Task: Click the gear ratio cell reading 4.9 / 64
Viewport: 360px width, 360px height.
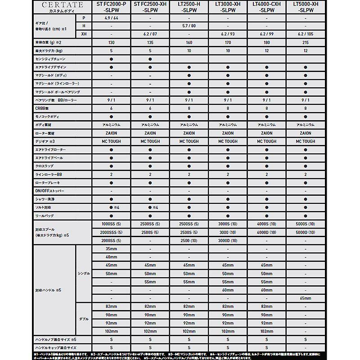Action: tap(111, 18)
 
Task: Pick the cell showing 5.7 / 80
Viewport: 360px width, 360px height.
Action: tap(189, 26)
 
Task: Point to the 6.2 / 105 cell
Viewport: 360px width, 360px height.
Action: tap(306, 34)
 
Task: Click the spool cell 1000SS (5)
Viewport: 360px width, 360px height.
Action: tap(111, 224)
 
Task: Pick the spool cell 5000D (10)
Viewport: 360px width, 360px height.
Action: tap(306, 232)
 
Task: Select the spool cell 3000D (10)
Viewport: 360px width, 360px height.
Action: tap(228, 240)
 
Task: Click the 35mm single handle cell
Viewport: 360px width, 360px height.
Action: tap(111, 249)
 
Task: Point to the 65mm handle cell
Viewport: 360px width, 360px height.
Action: tap(306, 298)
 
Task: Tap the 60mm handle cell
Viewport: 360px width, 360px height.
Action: tap(228, 290)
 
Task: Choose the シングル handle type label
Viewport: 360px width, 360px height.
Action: tap(84, 274)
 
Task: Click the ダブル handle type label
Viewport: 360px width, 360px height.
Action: tap(84, 319)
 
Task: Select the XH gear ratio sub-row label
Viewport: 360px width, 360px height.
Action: tap(84, 34)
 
